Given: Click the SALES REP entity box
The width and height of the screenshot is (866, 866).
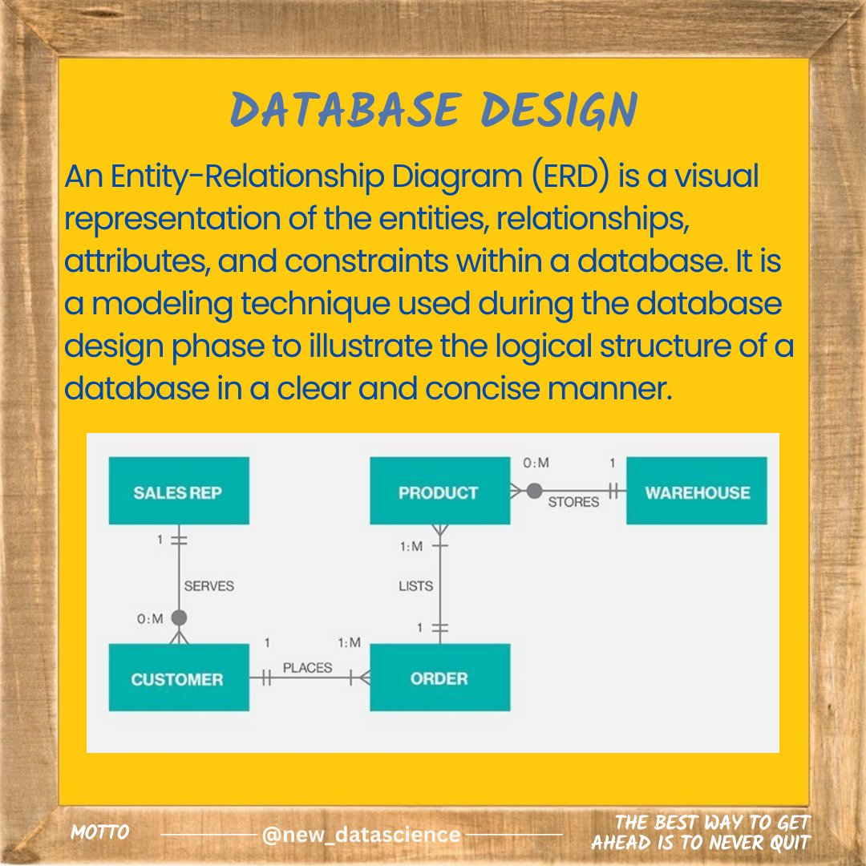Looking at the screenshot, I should [x=179, y=491].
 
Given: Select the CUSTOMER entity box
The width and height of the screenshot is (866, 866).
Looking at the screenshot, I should [x=179, y=678].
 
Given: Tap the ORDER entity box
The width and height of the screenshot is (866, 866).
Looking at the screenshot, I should [x=439, y=678].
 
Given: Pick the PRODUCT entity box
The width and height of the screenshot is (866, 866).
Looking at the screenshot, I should [x=439, y=491].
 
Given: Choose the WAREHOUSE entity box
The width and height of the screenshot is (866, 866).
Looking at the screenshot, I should [x=696, y=491].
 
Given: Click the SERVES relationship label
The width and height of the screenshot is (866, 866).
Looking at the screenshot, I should [x=208, y=586].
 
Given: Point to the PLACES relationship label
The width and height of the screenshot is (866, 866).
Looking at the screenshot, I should [x=307, y=667].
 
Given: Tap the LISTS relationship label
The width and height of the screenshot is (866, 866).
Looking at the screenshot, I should [x=415, y=586].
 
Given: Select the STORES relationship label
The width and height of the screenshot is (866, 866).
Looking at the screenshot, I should [x=573, y=502].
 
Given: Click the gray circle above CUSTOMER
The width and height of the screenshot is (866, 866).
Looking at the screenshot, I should [x=179, y=617].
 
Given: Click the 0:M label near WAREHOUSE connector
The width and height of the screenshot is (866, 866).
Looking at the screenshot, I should [x=536, y=463].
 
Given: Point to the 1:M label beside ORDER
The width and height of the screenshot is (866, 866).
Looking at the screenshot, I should [x=349, y=643].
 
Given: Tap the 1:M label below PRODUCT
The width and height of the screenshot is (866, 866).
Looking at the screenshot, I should [x=411, y=547].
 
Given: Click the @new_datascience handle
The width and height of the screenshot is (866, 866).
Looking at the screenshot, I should [x=361, y=835].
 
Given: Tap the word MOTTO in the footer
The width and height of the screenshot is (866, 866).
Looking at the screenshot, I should [x=100, y=832].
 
